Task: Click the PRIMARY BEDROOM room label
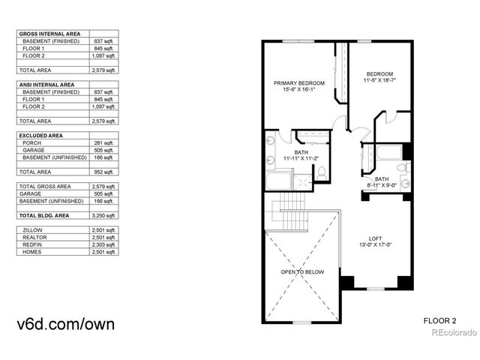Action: [298, 83]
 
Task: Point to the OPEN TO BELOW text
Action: [302, 271]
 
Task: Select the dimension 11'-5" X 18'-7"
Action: [380, 79]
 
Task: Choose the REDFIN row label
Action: [32, 244]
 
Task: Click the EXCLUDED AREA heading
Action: [40, 135]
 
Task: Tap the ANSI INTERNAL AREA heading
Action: [46, 85]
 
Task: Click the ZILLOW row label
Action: [32, 230]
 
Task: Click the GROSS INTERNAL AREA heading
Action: [49, 34]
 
